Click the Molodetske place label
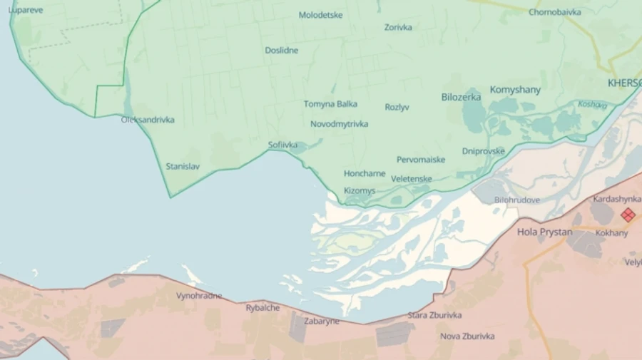[320, 15]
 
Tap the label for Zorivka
[398, 28]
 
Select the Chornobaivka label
[554, 12]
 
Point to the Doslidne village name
[282, 51]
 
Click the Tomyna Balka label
[330, 104]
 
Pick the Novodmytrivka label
[339, 124]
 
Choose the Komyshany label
[515, 90]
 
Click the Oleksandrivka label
[148, 120]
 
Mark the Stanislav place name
[183, 167]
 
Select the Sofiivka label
[282, 145]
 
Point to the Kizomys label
[360, 191]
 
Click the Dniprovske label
[483, 151]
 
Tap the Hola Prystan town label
[544, 232]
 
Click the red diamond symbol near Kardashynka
[628, 215]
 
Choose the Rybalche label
[263, 308]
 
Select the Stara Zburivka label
[434, 315]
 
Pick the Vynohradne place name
[199, 296]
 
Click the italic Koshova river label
[592, 105]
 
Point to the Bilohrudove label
[516, 200]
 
